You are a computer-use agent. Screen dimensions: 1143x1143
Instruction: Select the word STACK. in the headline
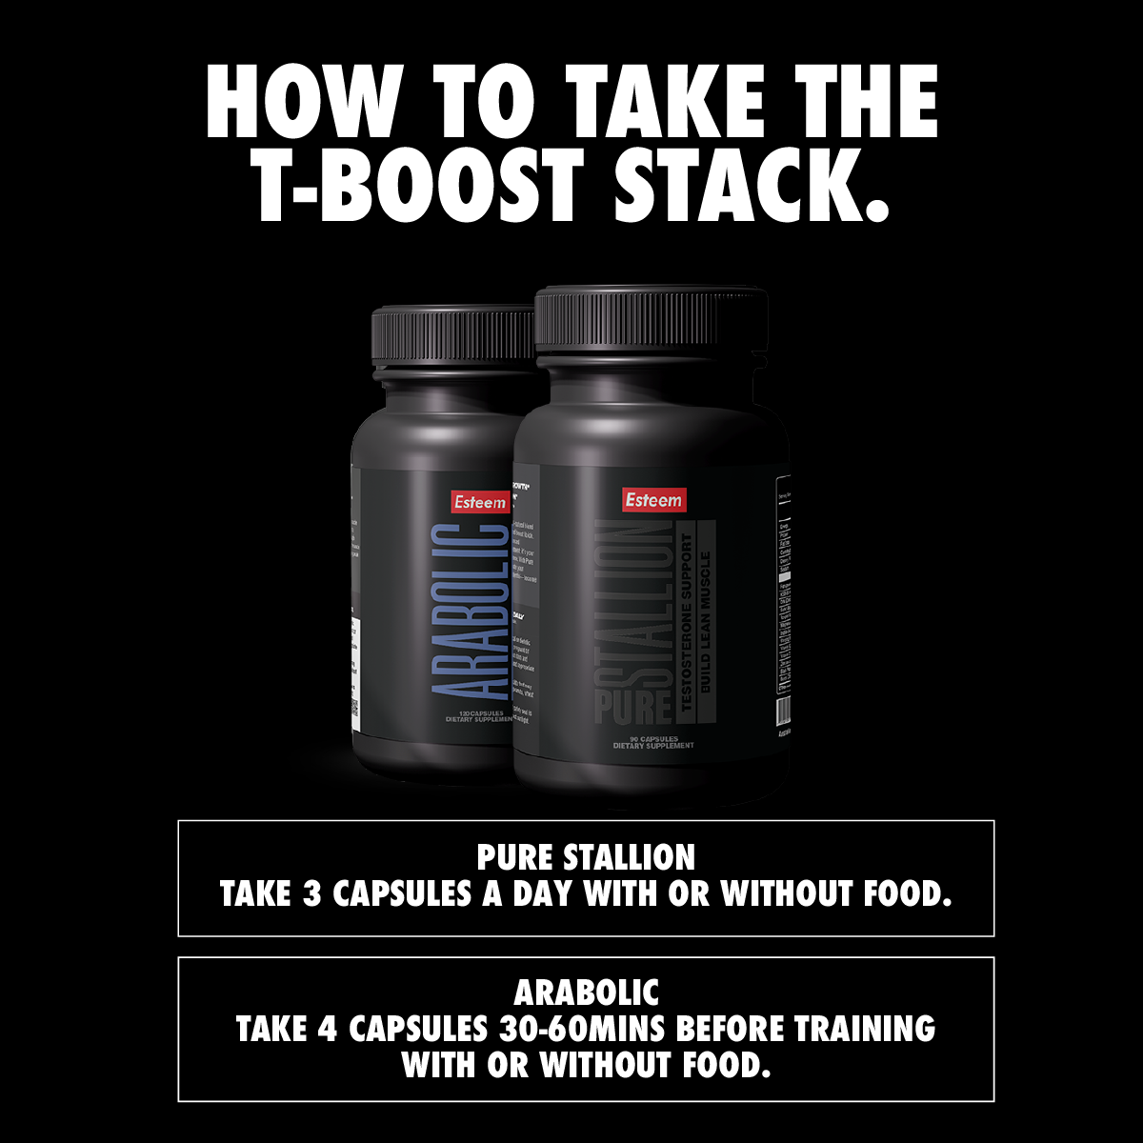752,182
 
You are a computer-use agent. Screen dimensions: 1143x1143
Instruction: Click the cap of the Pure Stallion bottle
651,330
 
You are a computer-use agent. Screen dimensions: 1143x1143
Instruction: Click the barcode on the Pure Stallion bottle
784,711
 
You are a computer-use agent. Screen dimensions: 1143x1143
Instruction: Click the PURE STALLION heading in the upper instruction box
586,857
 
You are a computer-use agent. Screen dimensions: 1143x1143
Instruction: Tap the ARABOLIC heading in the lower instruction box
586,993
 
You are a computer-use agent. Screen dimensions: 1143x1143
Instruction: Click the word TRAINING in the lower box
863,1030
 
